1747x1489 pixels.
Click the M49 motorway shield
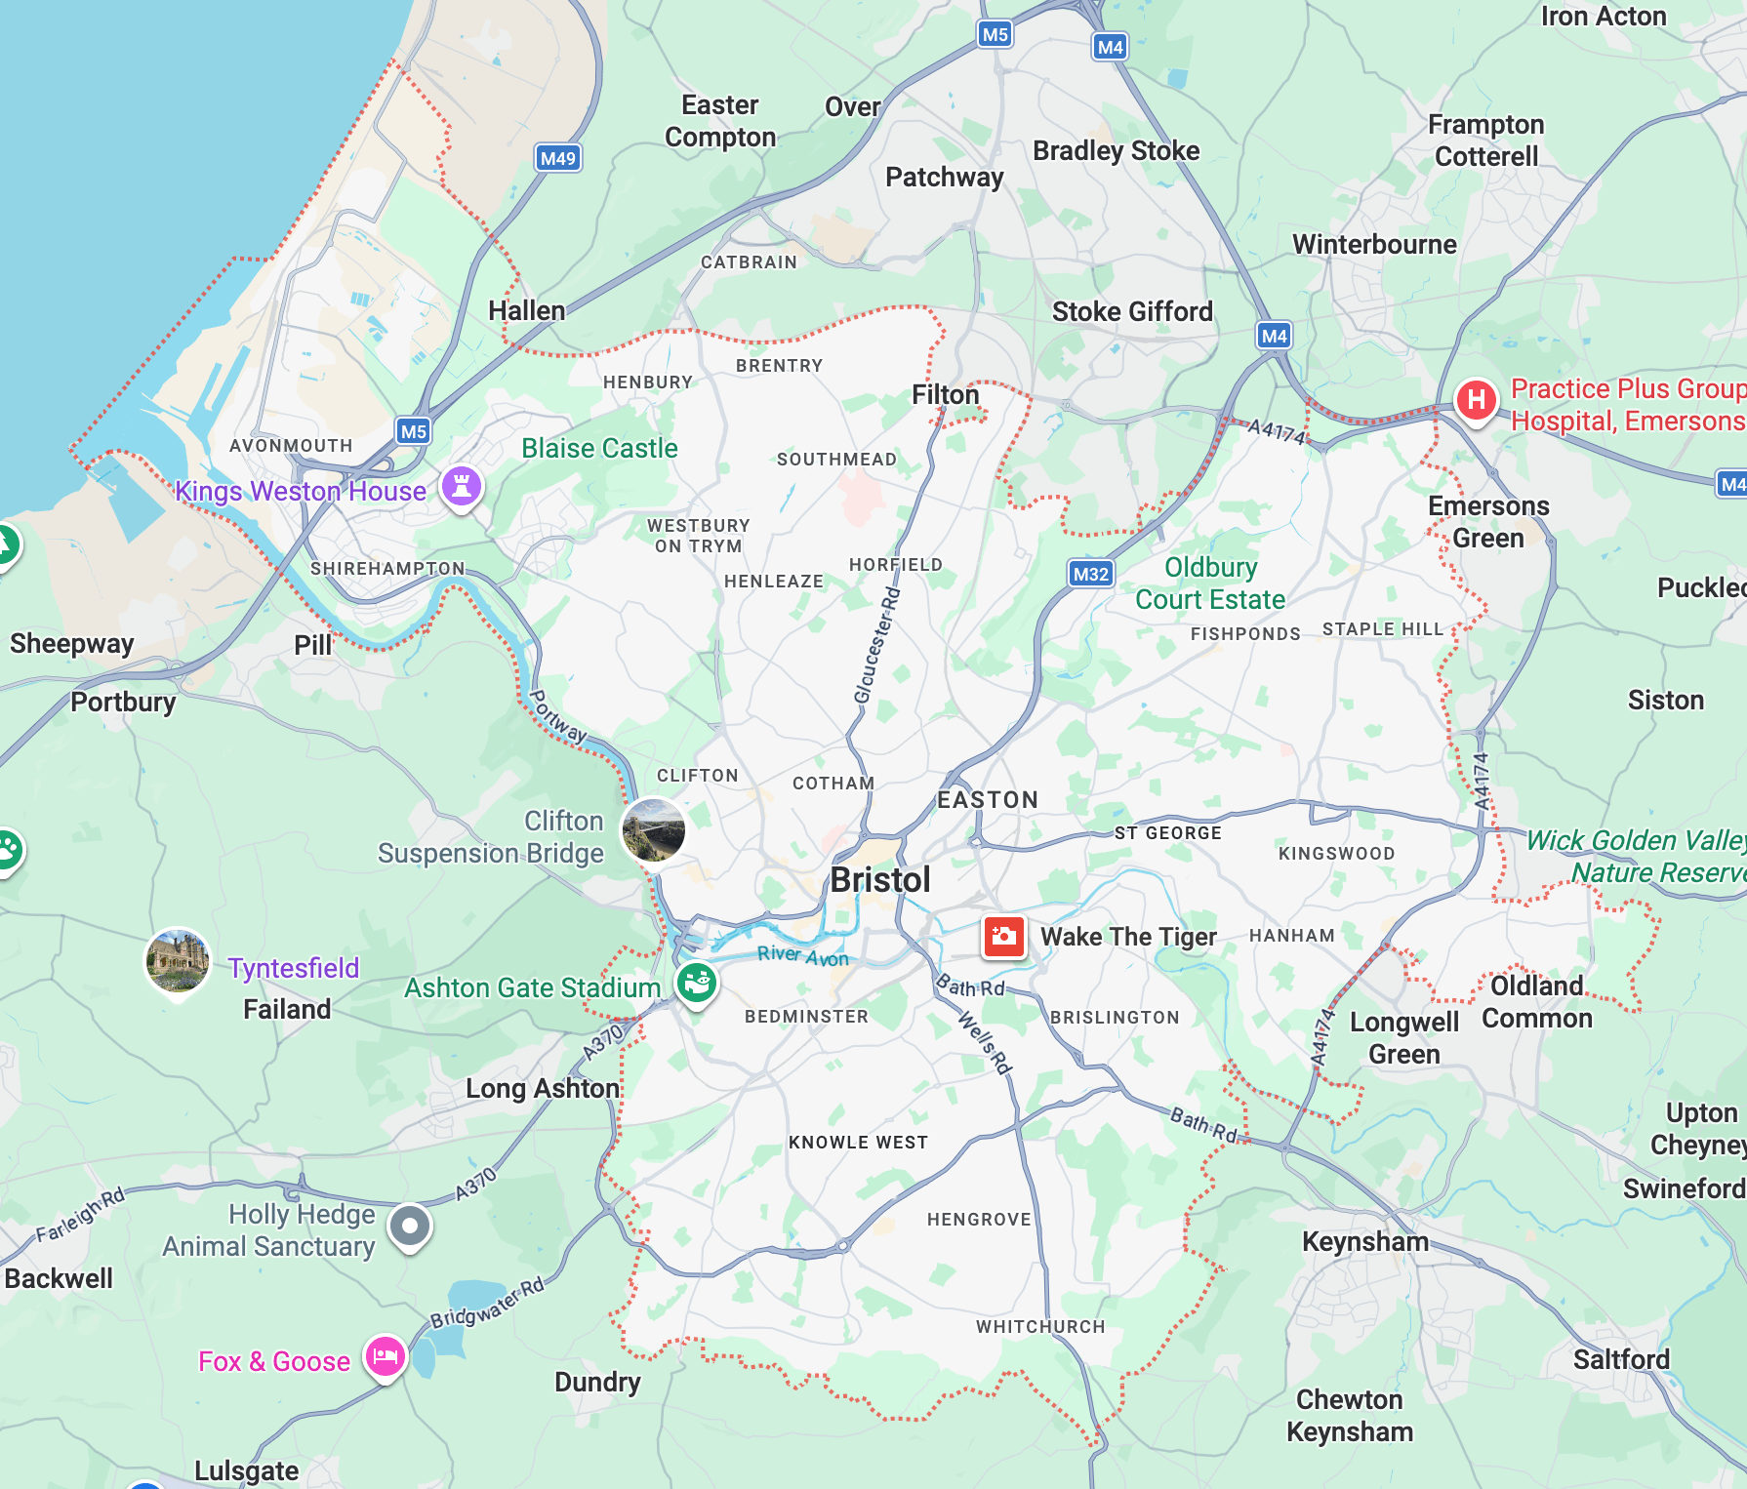tap(558, 158)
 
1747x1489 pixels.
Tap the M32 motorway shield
tap(1090, 574)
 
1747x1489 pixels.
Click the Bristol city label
tap(880, 880)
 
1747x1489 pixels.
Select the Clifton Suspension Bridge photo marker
tap(654, 829)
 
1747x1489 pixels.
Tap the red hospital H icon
tap(1476, 400)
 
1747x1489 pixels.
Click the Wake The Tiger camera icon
tap(1003, 937)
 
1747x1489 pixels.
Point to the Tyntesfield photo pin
tap(178, 960)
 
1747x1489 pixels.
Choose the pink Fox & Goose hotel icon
tap(386, 1356)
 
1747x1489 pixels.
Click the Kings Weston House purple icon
tap(462, 485)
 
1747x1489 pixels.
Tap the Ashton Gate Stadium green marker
tap(696, 983)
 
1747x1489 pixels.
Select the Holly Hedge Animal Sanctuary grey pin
tap(410, 1226)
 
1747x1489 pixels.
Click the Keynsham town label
tap(1364, 1241)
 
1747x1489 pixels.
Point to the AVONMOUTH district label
tap(291, 446)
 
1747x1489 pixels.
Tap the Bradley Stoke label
tap(1116, 150)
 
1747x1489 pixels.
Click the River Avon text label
tap(802, 955)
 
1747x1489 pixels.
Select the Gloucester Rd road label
tap(876, 644)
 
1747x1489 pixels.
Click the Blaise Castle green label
tap(599, 448)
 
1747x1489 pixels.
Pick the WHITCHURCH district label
tap(1040, 1326)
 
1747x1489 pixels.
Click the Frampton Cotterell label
tap(1485, 141)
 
